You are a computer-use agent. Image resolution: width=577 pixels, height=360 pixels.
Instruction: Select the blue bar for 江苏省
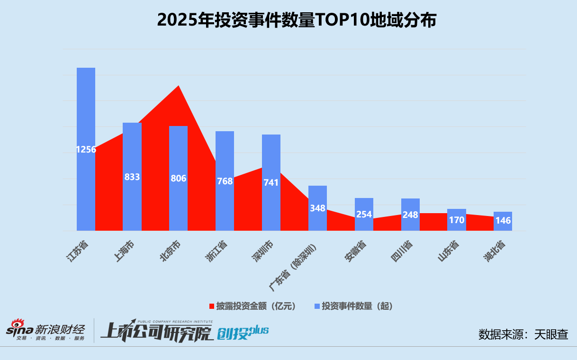[86, 109]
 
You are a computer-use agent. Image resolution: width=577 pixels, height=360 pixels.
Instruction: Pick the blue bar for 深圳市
[271, 156]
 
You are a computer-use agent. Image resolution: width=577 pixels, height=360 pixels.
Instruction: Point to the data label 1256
[86, 150]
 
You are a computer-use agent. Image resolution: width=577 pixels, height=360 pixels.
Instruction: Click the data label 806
[179, 179]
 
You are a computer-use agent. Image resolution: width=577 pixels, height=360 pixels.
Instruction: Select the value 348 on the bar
[317, 208]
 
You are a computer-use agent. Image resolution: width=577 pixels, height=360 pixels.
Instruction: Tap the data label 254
[364, 214]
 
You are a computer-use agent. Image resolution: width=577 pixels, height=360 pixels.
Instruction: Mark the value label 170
[457, 220]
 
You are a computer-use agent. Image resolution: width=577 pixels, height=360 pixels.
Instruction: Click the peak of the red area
[178, 86]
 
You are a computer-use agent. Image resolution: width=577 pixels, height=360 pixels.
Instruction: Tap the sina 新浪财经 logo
[45, 330]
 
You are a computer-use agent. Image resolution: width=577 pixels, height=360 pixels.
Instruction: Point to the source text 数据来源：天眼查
[523, 334]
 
